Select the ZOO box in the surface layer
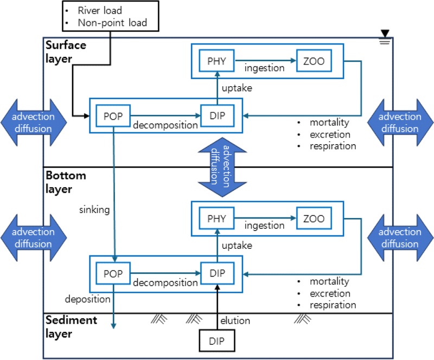313,61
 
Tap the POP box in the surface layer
113,115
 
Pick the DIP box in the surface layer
217,115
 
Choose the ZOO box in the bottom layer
313,218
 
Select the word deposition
87,299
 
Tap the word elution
235,320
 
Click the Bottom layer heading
66,182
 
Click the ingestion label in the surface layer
264,68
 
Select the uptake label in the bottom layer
237,245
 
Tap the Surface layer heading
66,52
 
